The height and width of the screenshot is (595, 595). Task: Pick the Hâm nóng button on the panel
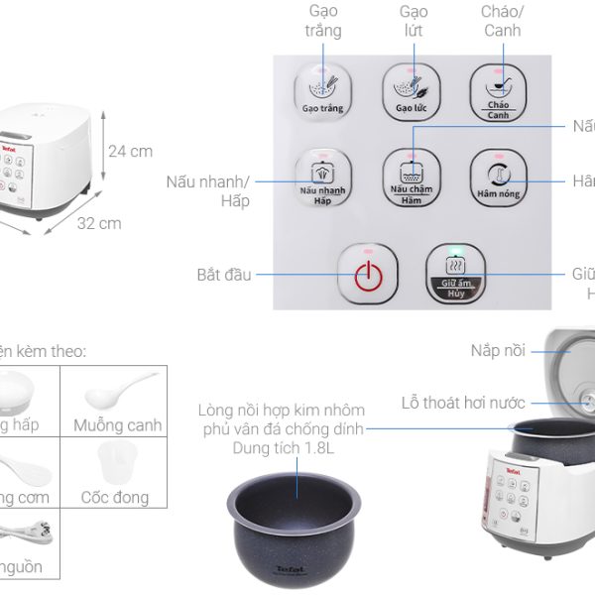point(497,177)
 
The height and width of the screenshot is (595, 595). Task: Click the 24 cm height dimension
point(130,152)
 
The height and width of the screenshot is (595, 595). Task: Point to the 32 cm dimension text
point(99,223)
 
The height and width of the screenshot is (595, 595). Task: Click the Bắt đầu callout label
point(224,274)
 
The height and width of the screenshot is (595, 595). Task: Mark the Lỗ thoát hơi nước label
point(463,403)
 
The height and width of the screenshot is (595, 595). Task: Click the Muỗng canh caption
point(117,425)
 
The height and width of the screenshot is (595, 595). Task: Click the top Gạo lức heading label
point(414,20)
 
